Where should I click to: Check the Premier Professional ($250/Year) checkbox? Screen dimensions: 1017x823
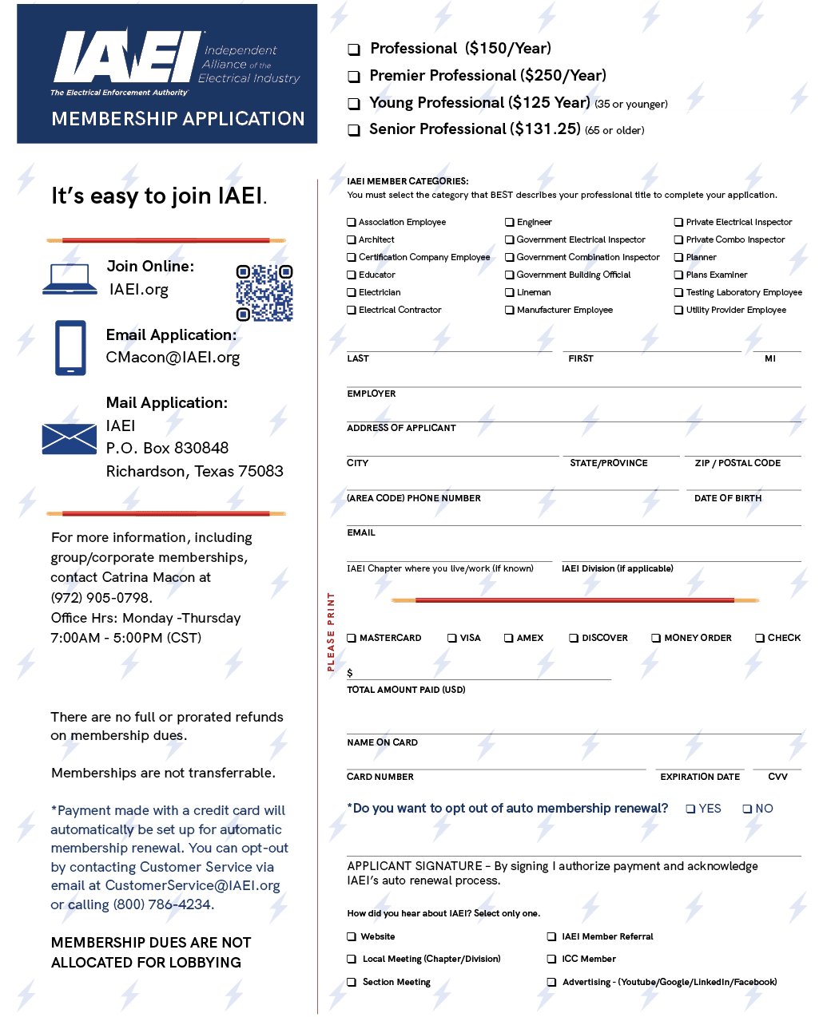pyautogui.click(x=354, y=77)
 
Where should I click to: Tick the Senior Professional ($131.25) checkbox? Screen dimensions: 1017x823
pyautogui.click(x=354, y=130)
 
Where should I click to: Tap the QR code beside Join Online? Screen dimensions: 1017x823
pyautogui.click(x=264, y=293)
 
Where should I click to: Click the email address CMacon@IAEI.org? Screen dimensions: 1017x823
pyautogui.click(x=173, y=358)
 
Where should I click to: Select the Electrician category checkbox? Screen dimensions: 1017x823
pyautogui.click(x=352, y=292)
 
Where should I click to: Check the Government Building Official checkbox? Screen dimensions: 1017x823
pyautogui.click(x=509, y=275)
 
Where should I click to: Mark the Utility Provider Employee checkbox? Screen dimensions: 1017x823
pyautogui.click(x=678, y=310)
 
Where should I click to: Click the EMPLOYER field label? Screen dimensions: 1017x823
pyautogui.click(x=371, y=394)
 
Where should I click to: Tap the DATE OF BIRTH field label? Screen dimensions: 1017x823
pyautogui.click(x=728, y=498)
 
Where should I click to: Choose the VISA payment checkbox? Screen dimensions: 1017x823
pyautogui.click(x=452, y=638)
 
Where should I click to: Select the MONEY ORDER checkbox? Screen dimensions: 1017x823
pyautogui.click(x=655, y=638)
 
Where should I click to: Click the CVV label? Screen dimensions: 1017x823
pyautogui.click(x=777, y=777)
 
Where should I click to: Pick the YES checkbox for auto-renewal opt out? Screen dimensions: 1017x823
pyautogui.click(x=690, y=809)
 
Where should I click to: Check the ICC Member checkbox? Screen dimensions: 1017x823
pyautogui.click(x=551, y=959)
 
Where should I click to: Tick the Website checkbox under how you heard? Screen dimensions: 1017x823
pyautogui.click(x=352, y=936)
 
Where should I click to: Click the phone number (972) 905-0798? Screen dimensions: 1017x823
pyautogui.click(x=101, y=598)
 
